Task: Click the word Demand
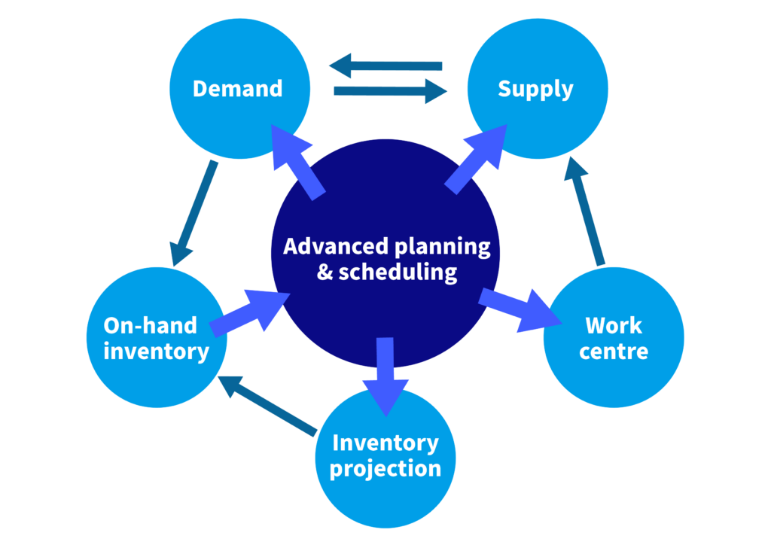(237, 89)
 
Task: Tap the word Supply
(535, 89)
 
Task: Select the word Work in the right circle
(614, 326)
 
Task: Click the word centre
(614, 351)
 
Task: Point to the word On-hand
(150, 325)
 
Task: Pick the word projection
(385, 468)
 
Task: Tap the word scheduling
(398, 272)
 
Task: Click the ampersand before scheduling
(325, 272)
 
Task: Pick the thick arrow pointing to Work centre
(520, 309)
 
